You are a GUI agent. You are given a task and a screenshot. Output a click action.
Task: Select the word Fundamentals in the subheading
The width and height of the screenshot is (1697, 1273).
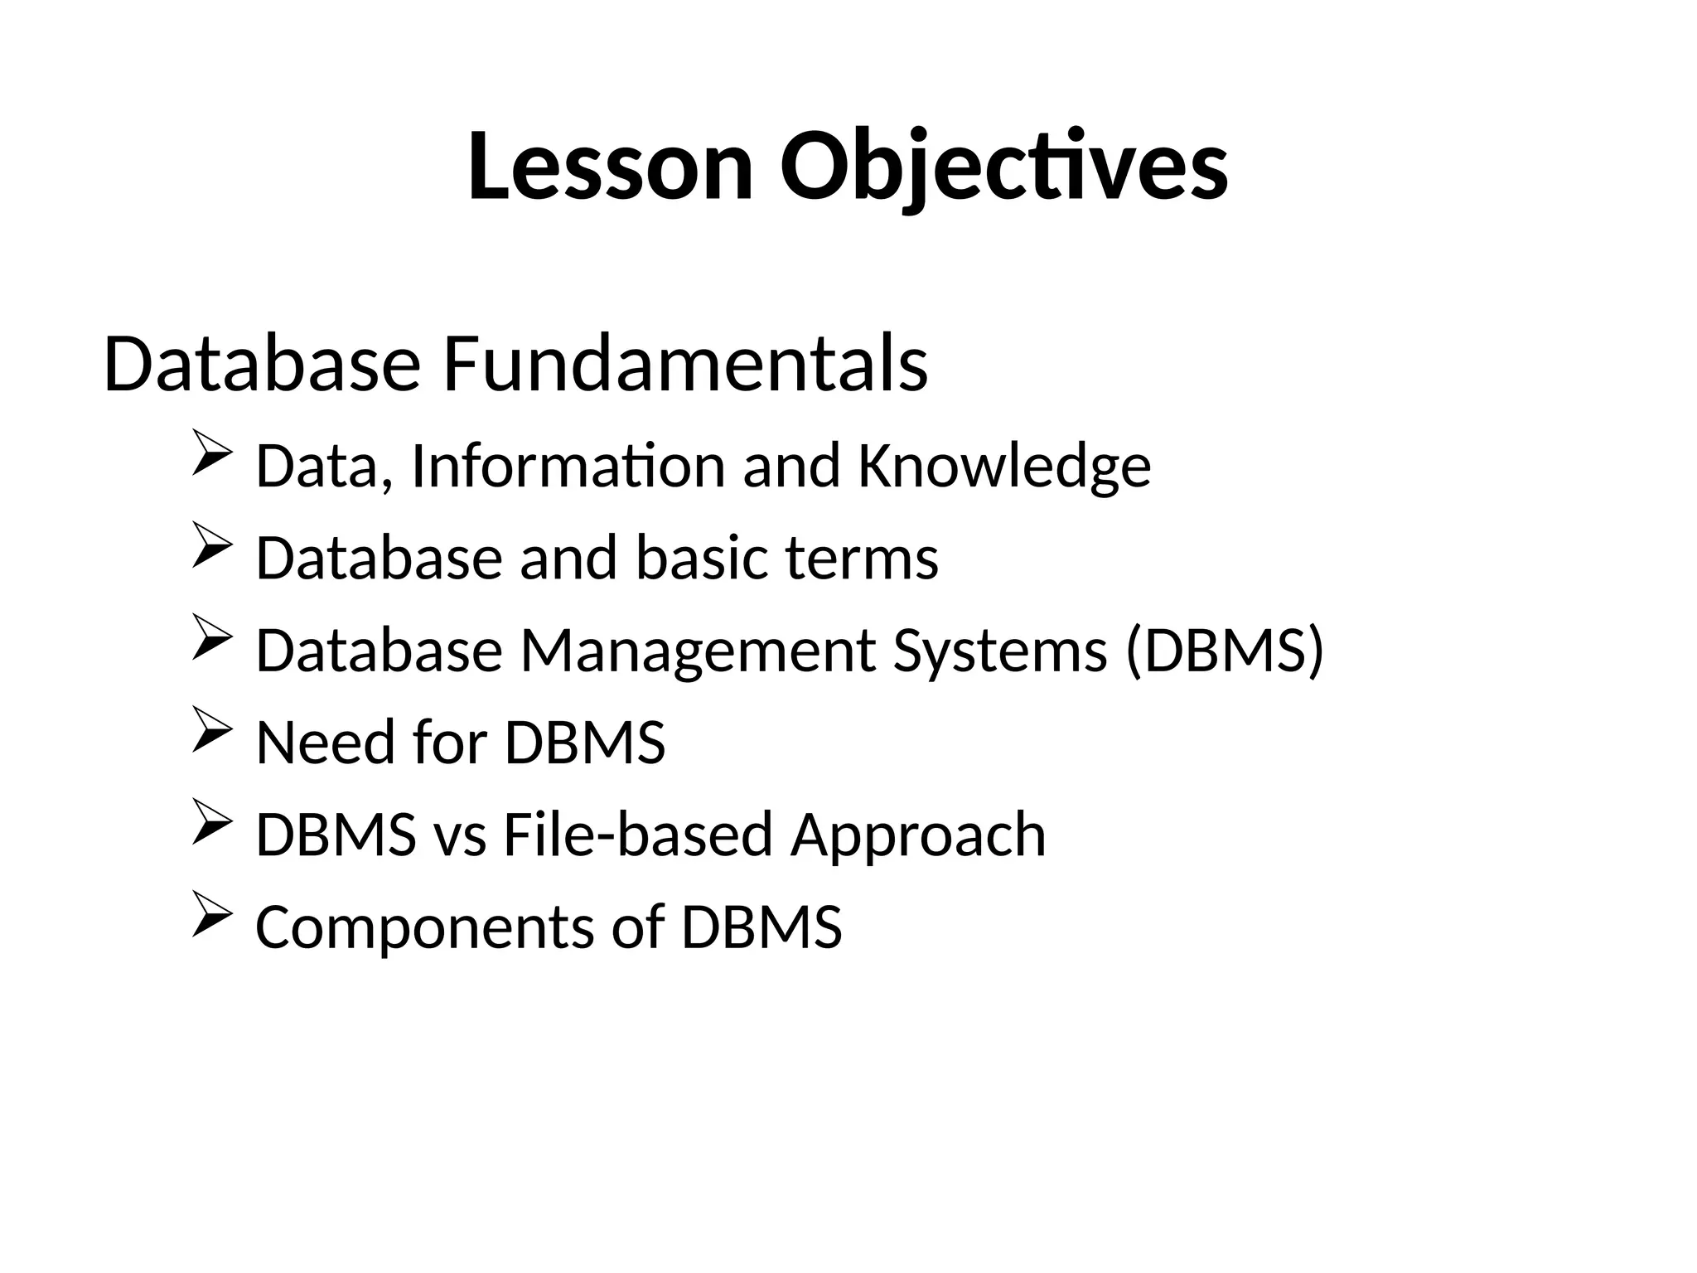tap(685, 365)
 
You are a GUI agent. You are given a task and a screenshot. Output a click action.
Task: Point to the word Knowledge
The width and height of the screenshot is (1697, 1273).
tap(1004, 467)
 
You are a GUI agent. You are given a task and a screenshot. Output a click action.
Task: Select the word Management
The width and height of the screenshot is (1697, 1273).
tap(697, 651)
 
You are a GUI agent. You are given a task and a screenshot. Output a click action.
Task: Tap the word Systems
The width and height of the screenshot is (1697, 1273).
tap(999, 651)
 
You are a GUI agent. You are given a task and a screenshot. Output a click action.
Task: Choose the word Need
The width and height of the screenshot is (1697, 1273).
tap(326, 743)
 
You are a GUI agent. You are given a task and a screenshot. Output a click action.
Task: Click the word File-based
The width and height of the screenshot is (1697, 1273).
tap(638, 835)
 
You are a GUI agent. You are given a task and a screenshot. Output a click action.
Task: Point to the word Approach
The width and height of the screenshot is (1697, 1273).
tap(918, 835)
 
